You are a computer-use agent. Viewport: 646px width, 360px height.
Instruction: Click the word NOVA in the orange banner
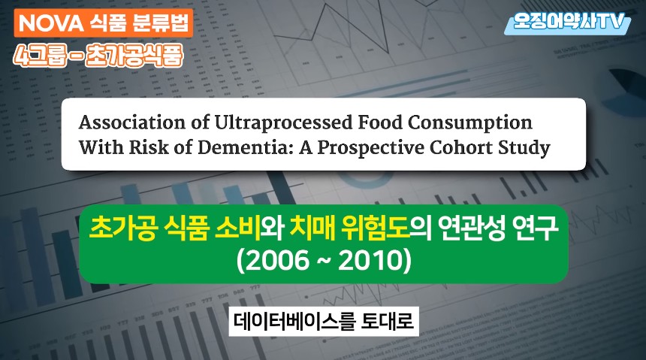[51, 23]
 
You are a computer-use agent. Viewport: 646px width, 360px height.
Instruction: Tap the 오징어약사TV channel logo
[568, 23]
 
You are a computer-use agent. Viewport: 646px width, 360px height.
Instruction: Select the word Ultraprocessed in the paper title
[283, 123]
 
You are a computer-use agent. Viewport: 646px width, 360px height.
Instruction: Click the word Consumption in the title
[470, 123]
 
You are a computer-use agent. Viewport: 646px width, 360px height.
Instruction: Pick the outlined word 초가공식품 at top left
[134, 56]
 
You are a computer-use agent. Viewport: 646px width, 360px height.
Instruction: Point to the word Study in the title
[524, 147]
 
